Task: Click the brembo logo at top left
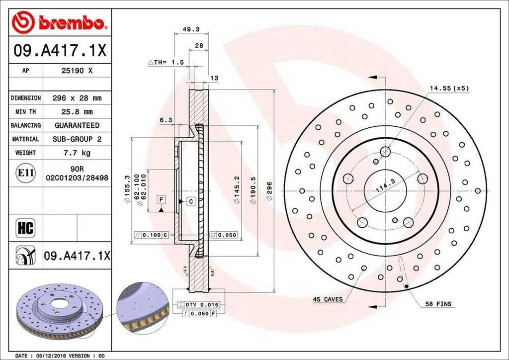tap(59, 22)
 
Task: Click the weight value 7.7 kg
tap(77, 153)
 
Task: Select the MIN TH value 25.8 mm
tap(77, 112)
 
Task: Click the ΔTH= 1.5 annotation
tap(166, 63)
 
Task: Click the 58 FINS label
tap(438, 303)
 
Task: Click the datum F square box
tap(161, 200)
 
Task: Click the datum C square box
tap(190, 201)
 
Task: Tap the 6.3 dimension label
tap(166, 120)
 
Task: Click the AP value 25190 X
tap(77, 71)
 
